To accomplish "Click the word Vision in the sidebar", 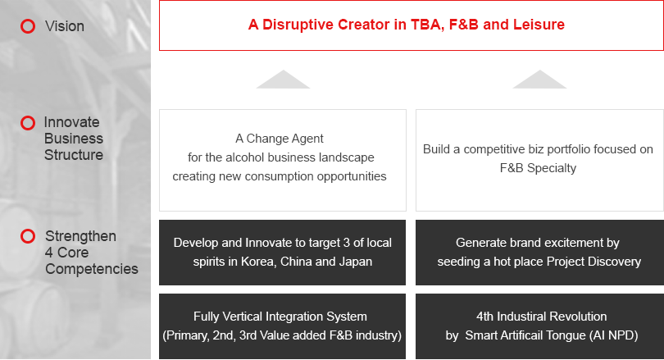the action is [x=65, y=26].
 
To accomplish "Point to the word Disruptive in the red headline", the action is [x=298, y=25].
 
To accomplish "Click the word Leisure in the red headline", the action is [x=539, y=25].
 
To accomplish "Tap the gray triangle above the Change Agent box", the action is [x=283, y=80].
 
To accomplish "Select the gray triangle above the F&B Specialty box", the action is [x=539, y=80].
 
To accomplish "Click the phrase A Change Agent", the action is [x=279, y=139].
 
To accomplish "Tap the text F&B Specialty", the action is [x=538, y=168].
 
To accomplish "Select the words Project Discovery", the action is [x=594, y=262].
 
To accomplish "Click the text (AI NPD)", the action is [x=614, y=335].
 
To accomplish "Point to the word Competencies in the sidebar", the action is [x=92, y=269].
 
